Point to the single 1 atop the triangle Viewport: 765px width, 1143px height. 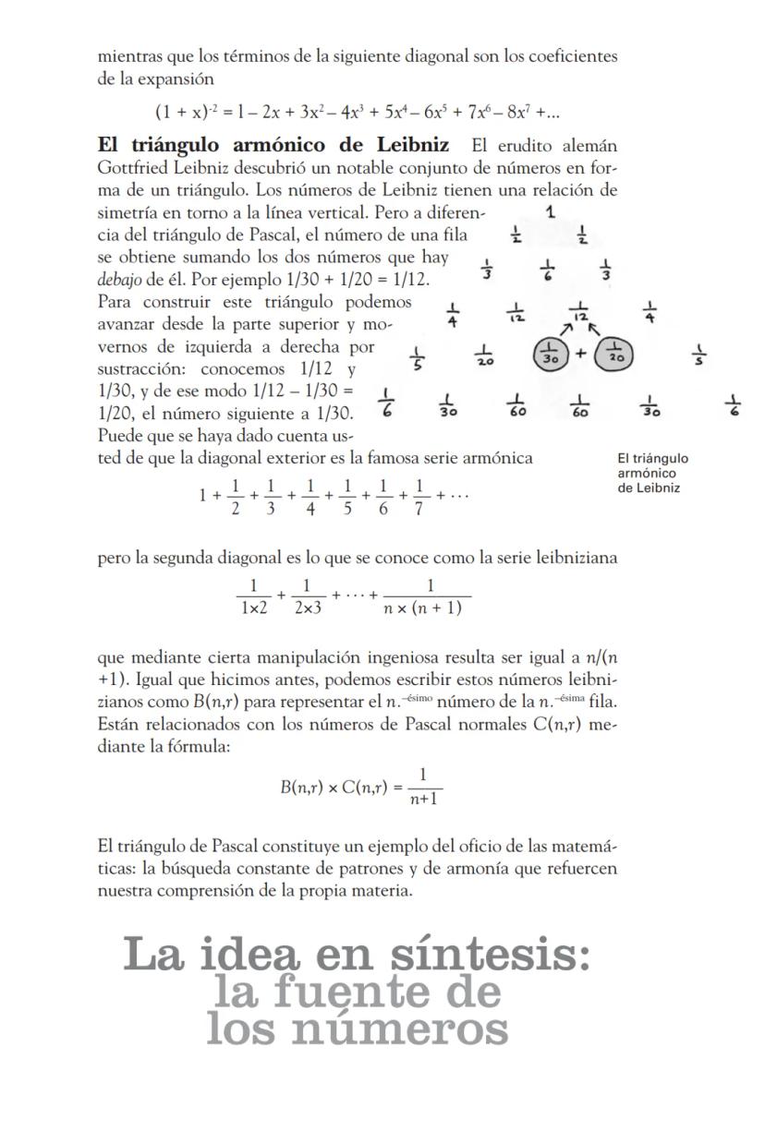[x=551, y=211]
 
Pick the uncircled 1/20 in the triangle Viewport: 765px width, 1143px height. [x=483, y=356]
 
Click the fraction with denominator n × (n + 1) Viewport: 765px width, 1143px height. [x=430, y=596]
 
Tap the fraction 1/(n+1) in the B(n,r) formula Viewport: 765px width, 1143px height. [x=423, y=787]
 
